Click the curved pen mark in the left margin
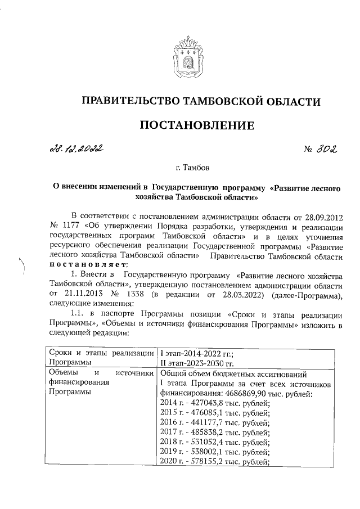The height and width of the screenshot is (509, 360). point(23,267)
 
